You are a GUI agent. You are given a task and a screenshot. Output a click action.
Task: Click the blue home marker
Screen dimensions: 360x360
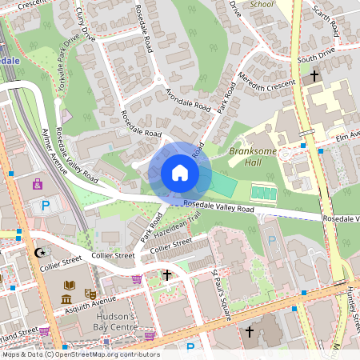coord(179,173)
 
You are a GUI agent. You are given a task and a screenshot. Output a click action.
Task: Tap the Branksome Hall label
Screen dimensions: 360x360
coord(251,156)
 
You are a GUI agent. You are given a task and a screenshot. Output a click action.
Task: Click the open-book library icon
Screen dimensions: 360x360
coord(68,285)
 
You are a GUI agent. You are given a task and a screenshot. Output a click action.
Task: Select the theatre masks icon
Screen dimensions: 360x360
coord(89,284)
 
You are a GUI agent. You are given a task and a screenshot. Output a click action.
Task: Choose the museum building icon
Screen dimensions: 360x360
coord(66,299)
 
